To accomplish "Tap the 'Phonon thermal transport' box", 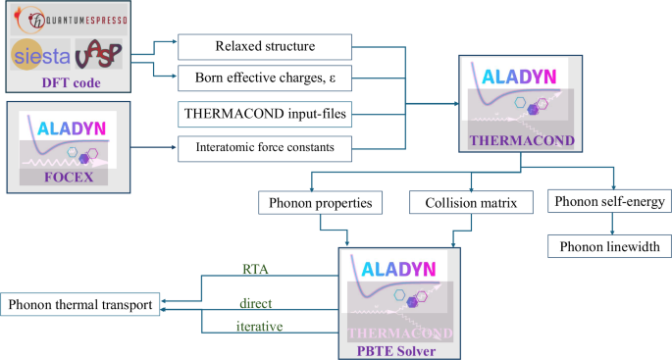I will pyautogui.click(x=79, y=306).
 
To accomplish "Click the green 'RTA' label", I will pyautogui.click(x=254, y=267).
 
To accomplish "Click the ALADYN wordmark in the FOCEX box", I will pyautogui.click(x=68, y=128).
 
